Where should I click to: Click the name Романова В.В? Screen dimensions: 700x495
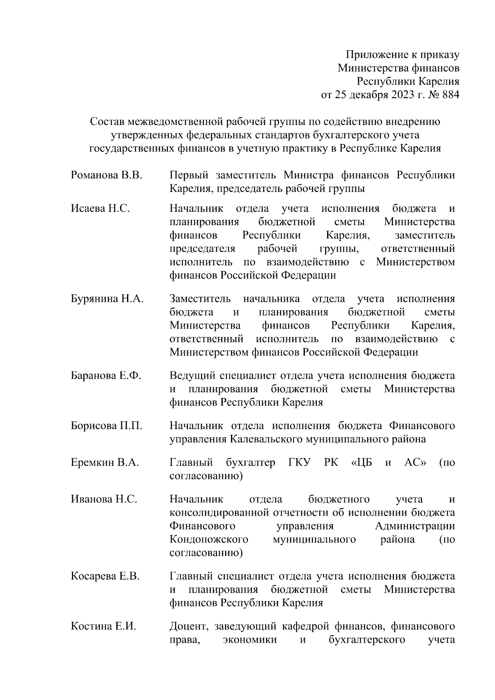tap(106, 175)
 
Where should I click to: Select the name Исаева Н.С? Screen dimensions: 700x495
tap(100, 209)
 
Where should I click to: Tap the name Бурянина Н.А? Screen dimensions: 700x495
tap(107, 299)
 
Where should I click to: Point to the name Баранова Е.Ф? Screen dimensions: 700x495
tap(106, 376)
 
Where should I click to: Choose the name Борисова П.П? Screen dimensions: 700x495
tap(106, 426)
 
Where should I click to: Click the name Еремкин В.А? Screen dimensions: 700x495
tap(105, 463)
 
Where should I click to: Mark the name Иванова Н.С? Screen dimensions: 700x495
tap(104, 499)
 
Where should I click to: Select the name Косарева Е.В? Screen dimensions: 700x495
tap(105, 576)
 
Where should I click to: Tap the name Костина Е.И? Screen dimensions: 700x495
tap(103, 627)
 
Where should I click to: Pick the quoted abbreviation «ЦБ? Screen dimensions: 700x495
tap(361, 463)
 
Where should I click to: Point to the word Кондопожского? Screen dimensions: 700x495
tap(209, 540)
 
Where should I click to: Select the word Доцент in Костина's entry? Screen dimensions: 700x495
tap(187, 627)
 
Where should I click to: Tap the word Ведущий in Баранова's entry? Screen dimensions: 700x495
tap(191, 376)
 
